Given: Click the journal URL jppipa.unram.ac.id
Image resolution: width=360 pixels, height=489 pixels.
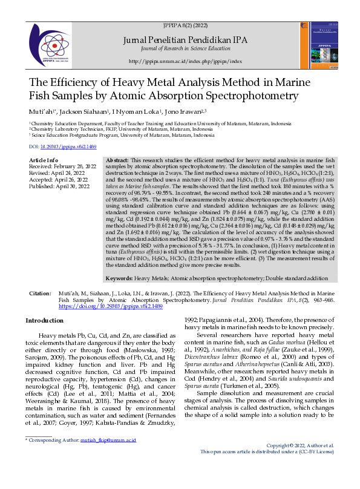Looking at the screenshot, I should coord(186,62).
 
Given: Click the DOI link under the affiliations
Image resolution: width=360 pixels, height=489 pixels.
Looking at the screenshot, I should coord(62,146).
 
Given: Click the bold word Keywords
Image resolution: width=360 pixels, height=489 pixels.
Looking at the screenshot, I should coord(119,278).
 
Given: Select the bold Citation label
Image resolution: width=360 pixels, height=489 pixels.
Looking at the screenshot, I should coord(41,293).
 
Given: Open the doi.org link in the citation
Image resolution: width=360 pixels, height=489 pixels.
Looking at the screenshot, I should coord(111,307).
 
